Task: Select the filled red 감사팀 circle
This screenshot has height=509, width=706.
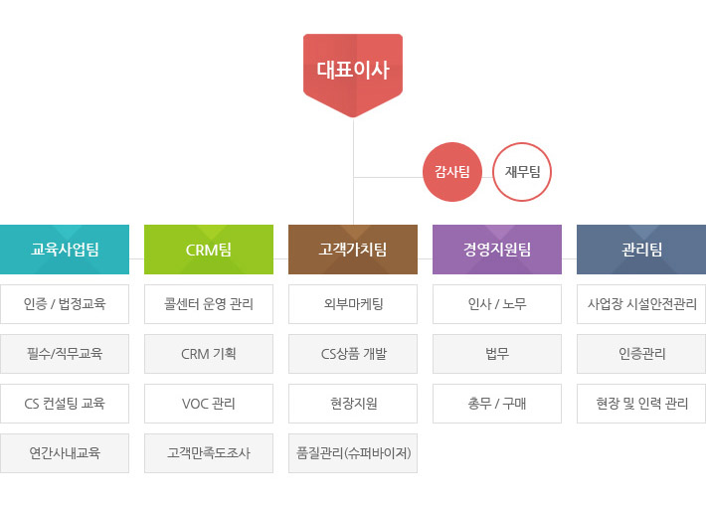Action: pyautogui.click(x=452, y=171)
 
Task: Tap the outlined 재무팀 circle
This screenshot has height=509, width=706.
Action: pyautogui.click(x=522, y=171)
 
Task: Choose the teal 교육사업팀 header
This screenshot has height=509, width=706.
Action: pyautogui.click(x=65, y=250)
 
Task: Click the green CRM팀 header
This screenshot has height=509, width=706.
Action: pyautogui.click(x=209, y=250)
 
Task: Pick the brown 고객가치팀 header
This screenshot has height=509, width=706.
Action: pyautogui.click(x=353, y=250)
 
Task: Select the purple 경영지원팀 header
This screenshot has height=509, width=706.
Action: pyautogui.click(x=497, y=250)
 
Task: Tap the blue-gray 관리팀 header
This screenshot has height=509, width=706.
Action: pyautogui.click(x=641, y=250)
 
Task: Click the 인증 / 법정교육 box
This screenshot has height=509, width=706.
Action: pyautogui.click(x=65, y=304)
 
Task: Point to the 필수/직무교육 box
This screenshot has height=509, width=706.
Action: pyautogui.click(x=65, y=354)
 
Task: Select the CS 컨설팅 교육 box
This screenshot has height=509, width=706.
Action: pyautogui.click(x=65, y=404)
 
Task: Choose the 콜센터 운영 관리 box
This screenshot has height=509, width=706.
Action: pyautogui.click(x=209, y=304)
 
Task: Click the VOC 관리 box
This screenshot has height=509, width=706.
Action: pyautogui.click(x=209, y=404)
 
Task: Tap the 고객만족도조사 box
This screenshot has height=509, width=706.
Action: pyautogui.click(x=209, y=453)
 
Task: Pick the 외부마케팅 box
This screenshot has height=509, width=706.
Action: pyautogui.click(x=353, y=304)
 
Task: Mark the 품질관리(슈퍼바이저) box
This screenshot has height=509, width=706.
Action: pyautogui.click(x=353, y=453)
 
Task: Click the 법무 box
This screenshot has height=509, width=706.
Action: pyautogui.click(x=497, y=354)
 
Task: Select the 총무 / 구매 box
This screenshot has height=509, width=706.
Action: pyautogui.click(x=497, y=404)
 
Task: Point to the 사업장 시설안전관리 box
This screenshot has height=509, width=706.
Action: pyautogui.click(x=641, y=304)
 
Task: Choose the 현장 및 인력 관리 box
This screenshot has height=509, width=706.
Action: pyautogui.click(x=641, y=404)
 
